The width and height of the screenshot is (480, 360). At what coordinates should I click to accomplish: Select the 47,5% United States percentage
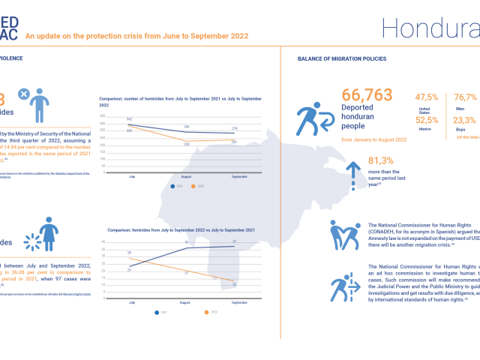coord(427,97)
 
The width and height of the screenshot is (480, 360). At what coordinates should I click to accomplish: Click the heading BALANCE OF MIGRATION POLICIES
coord(343,58)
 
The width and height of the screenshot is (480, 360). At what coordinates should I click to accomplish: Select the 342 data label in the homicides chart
coord(130,119)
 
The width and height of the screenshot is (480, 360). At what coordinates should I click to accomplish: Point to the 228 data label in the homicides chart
coord(187,143)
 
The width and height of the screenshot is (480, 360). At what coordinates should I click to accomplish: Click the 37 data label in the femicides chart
coord(235,241)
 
